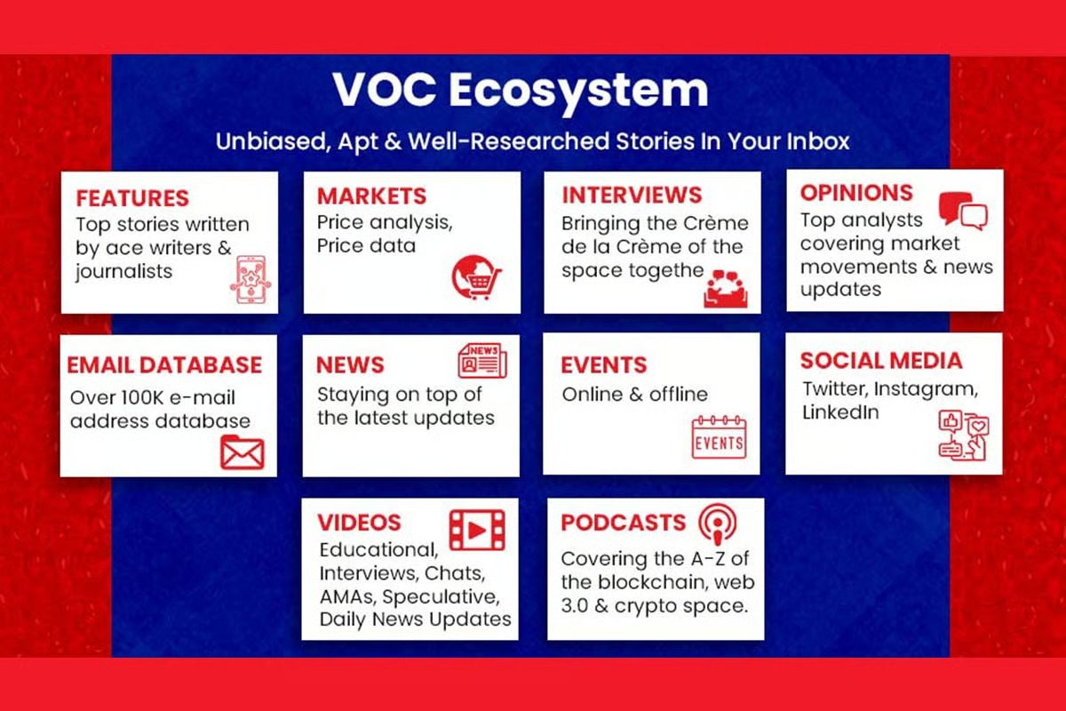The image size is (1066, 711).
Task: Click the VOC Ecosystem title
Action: (x=521, y=91)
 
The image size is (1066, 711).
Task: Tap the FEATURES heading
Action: (x=132, y=198)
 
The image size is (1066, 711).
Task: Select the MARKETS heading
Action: (x=371, y=196)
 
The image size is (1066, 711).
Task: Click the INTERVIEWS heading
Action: (x=632, y=195)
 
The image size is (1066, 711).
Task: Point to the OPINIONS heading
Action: (x=856, y=192)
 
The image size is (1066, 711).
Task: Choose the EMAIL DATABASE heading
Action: (x=164, y=364)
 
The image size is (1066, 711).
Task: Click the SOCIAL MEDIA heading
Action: (x=881, y=361)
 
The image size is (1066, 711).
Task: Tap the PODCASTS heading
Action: (x=624, y=523)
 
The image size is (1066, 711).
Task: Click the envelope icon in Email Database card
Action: (x=243, y=452)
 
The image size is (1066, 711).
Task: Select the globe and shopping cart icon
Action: (x=476, y=277)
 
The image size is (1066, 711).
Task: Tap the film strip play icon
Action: (x=477, y=530)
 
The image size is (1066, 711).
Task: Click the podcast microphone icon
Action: (x=718, y=524)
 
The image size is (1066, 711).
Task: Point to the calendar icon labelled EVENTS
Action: (x=719, y=437)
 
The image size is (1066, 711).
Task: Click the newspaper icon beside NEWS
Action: (x=482, y=361)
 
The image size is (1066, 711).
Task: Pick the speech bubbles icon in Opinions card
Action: (x=963, y=211)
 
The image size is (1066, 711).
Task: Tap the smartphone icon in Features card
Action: (x=251, y=280)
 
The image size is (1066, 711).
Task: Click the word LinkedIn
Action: (x=840, y=412)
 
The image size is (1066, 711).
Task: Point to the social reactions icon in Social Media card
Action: (x=964, y=435)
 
